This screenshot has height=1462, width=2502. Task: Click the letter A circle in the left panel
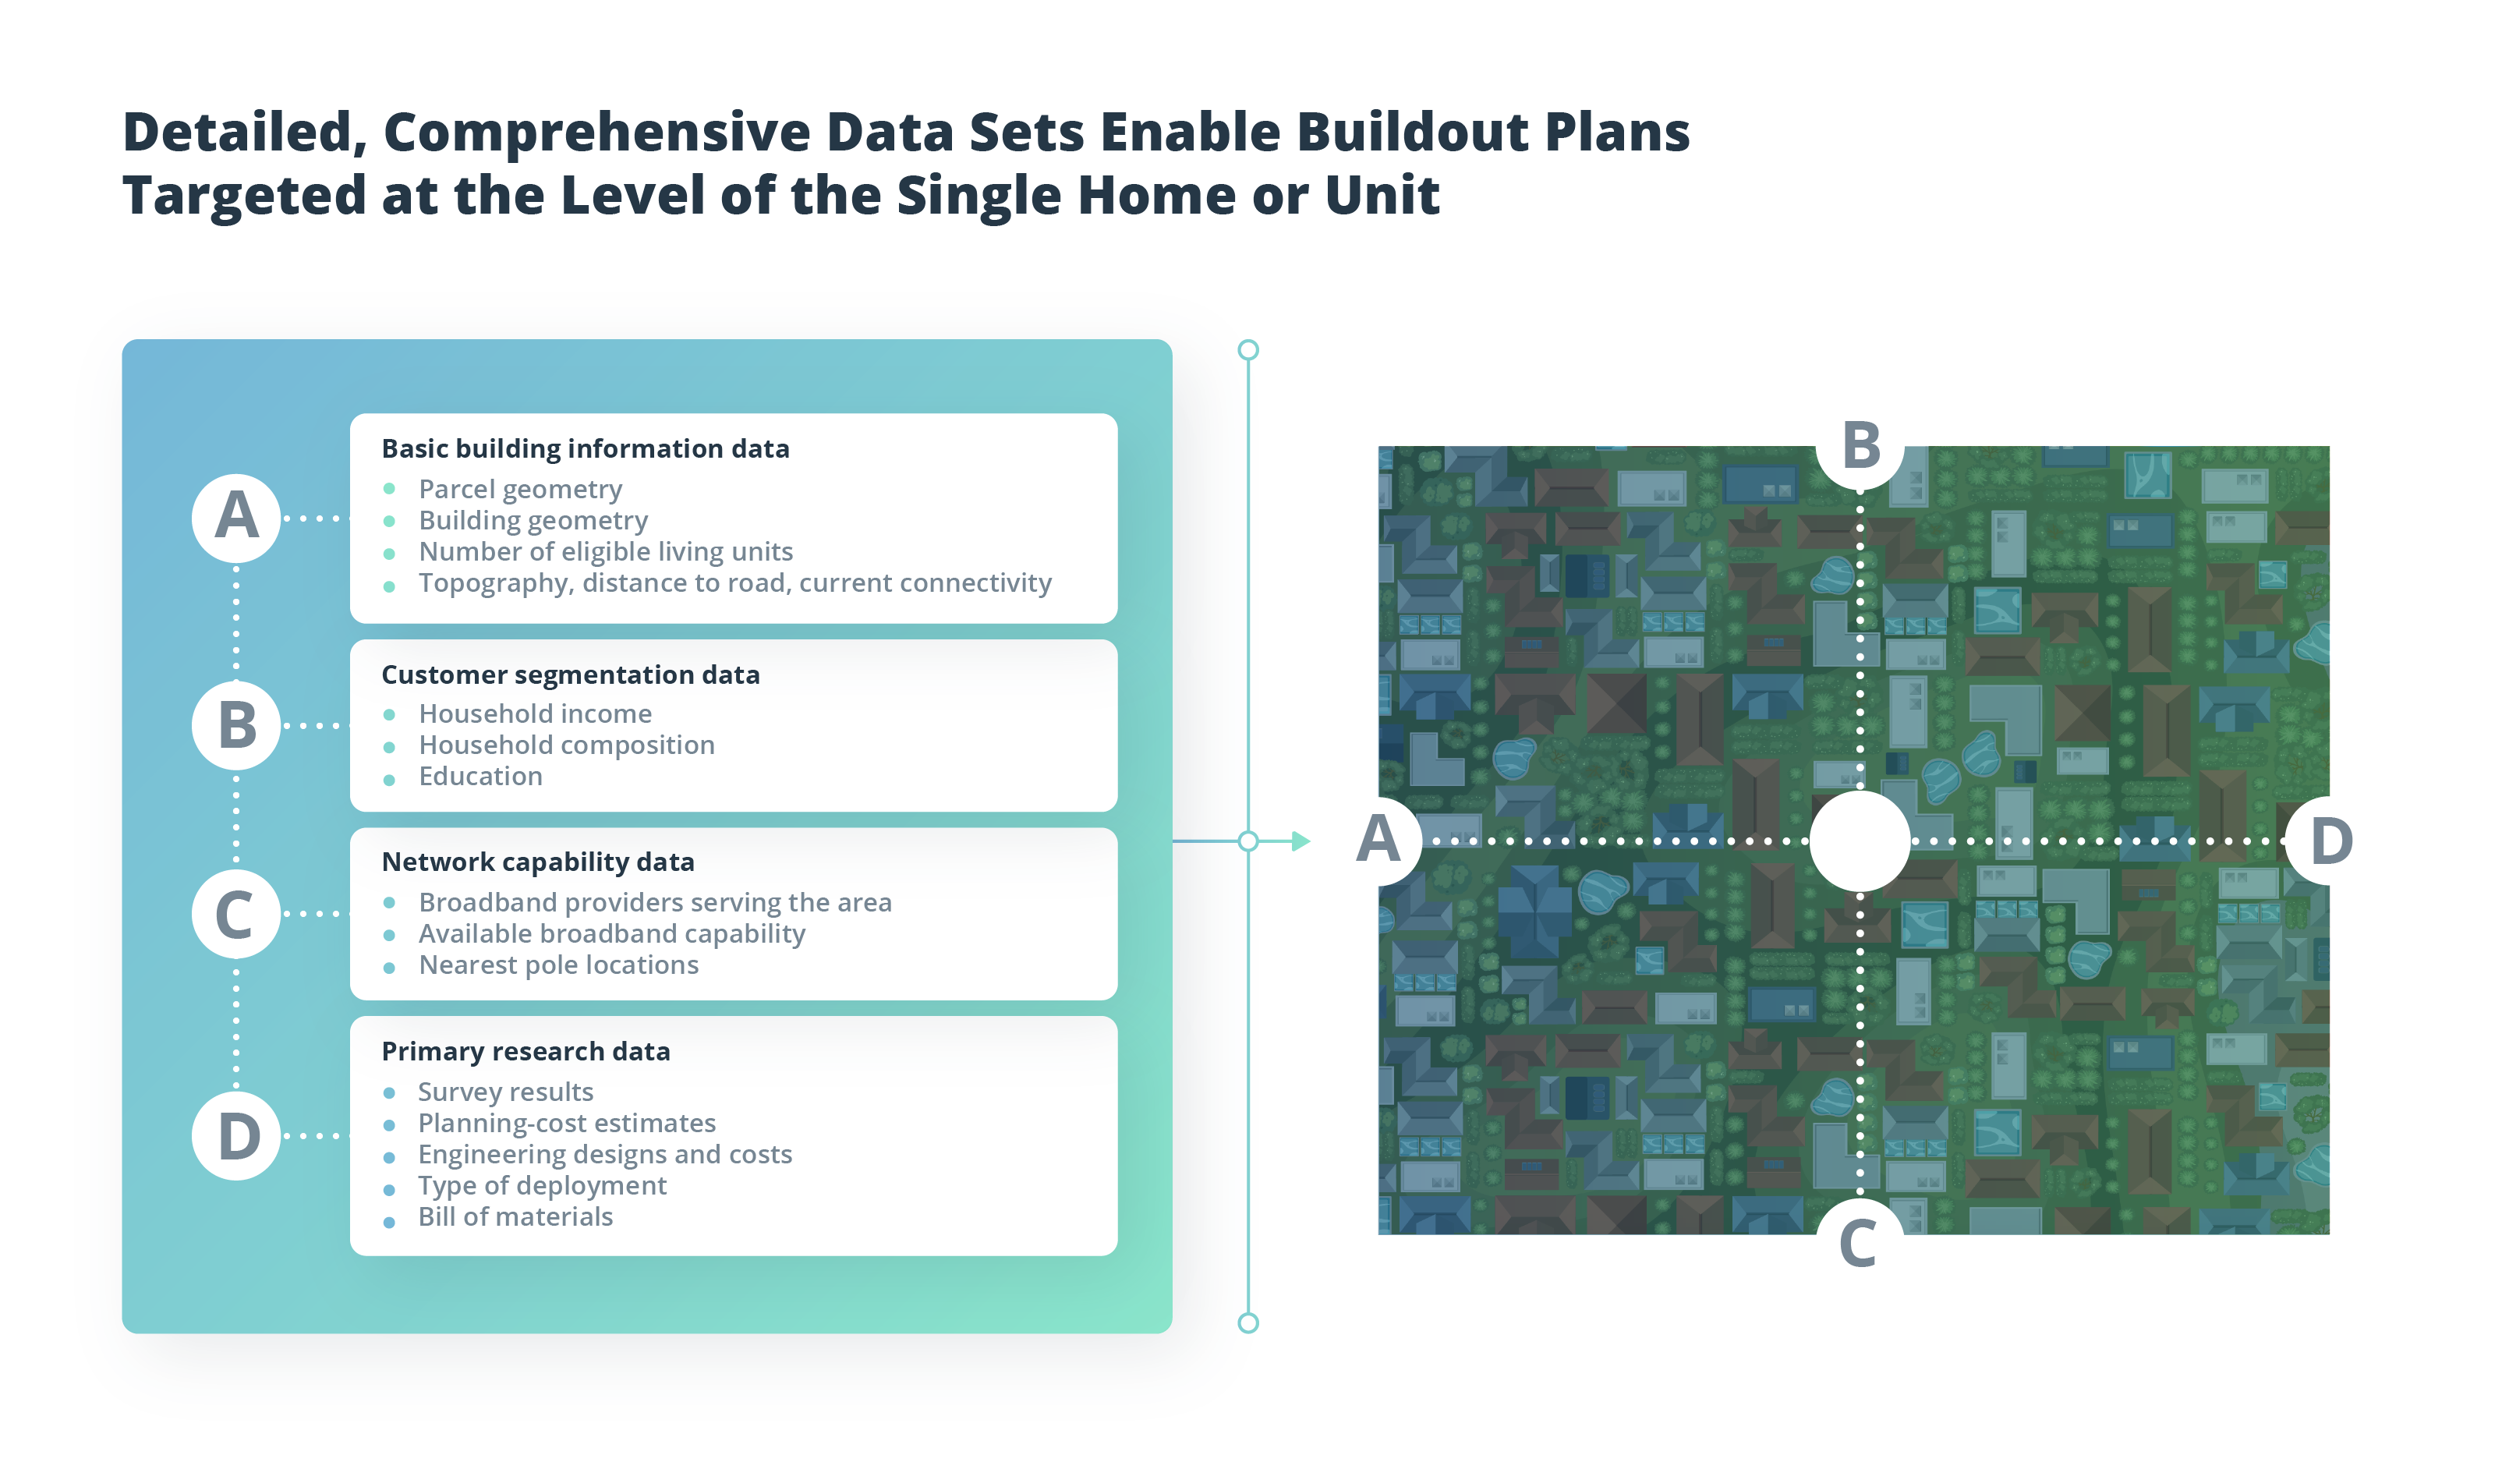[x=236, y=519]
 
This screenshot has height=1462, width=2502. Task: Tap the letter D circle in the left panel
[x=236, y=1136]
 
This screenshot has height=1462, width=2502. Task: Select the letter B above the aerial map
[x=1860, y=445]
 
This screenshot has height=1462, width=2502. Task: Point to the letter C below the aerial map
[x=1859, y=1244]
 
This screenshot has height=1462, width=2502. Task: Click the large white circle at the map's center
[x=1860, y=841]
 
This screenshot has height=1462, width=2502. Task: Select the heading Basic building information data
[x=586, y=449]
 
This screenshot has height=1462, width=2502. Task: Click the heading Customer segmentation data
[x=571, y=675]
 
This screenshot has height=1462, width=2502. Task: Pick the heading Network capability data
[x=538, y=862]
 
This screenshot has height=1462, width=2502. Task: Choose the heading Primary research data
[x=526, y=1052]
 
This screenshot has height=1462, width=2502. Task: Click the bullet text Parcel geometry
[x=520, y=490]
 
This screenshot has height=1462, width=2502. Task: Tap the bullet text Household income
[x=535, y=714]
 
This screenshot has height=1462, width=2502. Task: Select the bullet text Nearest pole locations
[x=559, y=965]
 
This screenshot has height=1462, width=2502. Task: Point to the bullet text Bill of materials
[x=515, y=1218]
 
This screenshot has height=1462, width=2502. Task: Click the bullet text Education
[x=480, y=777]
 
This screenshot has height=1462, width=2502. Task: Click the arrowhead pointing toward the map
[x=1301, y=842]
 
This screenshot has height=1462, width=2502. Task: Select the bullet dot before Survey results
[x=389, y=1093]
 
